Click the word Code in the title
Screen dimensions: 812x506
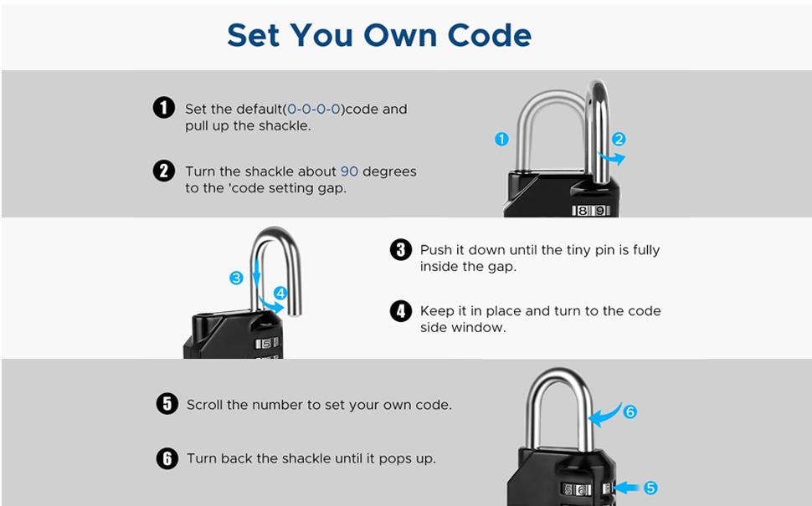489,35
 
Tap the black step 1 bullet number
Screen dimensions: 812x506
163,108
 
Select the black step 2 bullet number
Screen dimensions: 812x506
163,171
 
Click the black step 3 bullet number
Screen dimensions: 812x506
401,249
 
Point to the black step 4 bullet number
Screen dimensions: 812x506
401,311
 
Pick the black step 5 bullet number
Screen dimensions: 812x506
167,404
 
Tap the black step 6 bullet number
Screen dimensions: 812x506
167,458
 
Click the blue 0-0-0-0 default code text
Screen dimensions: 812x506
314,110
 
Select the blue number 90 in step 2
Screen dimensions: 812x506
350,171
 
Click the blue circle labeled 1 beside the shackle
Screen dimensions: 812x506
501,139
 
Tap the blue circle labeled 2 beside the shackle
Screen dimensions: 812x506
619,139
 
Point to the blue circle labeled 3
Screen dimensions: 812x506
236,278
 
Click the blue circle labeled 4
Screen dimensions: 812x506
280,294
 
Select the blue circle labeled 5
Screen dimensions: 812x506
650,488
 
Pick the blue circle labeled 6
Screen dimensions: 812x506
630,411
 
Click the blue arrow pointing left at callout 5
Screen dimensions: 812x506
627,488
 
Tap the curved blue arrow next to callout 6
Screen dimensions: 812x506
605,416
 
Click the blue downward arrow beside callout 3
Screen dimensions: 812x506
256,273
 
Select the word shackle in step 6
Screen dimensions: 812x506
305,458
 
